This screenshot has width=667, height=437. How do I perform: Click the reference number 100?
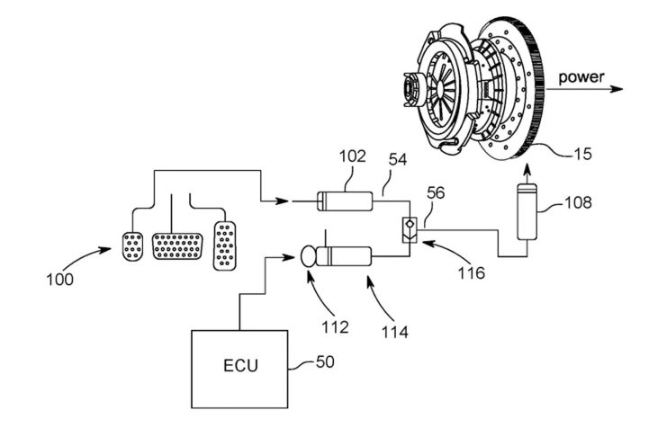point(59,280)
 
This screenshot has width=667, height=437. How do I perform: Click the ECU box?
point(240,367)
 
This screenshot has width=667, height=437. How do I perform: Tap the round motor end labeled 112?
point(311,257)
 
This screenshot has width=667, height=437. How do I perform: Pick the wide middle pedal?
point(176,244)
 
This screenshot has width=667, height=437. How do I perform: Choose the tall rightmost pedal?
point(224,244)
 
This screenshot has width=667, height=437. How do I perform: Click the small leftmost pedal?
point(131,244)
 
